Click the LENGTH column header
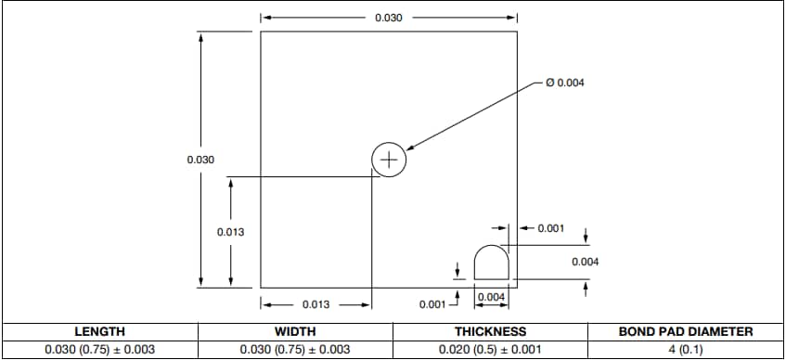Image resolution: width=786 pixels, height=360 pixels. (99, 331)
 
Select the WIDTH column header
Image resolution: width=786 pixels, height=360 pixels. (295, 331)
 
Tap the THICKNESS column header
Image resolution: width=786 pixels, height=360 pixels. (490, 331)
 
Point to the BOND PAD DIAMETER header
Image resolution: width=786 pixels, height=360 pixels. (686, 331)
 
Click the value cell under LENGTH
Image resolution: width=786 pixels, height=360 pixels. (99, 350)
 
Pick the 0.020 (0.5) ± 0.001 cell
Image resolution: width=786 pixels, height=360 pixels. (490, 350)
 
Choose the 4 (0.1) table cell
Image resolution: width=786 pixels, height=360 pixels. (686, 350)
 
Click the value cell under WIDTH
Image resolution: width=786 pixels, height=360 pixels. (295, 350)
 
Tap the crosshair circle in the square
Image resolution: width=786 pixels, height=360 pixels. (389, 159)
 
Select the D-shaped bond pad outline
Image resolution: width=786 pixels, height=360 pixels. (491, 263)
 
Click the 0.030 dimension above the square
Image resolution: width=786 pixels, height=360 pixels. (388, 18)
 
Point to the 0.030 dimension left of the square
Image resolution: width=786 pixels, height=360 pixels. (200, 160)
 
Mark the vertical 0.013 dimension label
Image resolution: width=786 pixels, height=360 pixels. (230, 232)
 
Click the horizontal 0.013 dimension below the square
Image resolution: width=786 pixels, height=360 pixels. (316, 303)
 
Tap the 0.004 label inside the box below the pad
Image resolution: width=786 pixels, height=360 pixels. (491, 297)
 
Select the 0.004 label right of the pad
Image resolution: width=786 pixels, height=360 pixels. (585, 262)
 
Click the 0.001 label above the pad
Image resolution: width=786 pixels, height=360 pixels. (551, 228)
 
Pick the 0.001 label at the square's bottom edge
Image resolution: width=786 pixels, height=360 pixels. (432, 303)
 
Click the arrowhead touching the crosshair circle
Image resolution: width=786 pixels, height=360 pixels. (410, 148)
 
